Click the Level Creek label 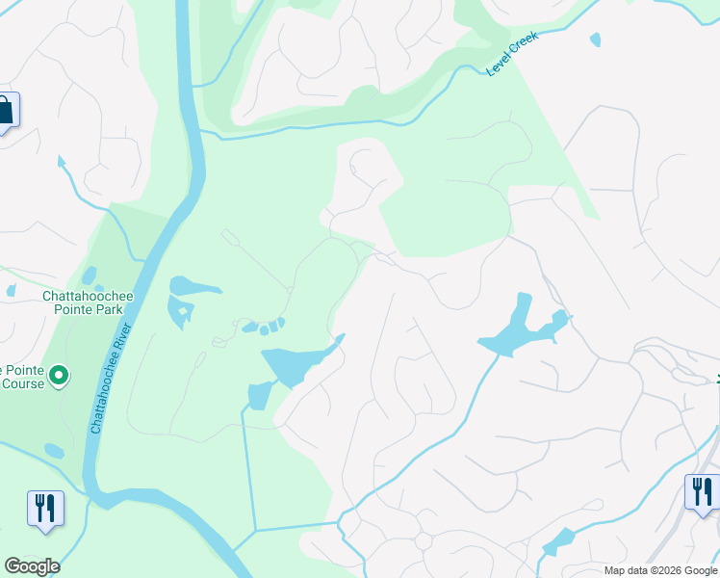pos(511,53)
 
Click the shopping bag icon pos(5,110)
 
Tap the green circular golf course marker pos(59,374)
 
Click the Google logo pos(32,566)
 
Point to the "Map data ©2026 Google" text pos(660,570)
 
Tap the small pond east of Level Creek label pos(595,40)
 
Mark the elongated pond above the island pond pos(194,286)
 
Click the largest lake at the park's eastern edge pos(294,363)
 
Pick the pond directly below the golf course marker pos(54,450)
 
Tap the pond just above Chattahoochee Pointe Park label pos(90,276)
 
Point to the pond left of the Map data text pos(557,542)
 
